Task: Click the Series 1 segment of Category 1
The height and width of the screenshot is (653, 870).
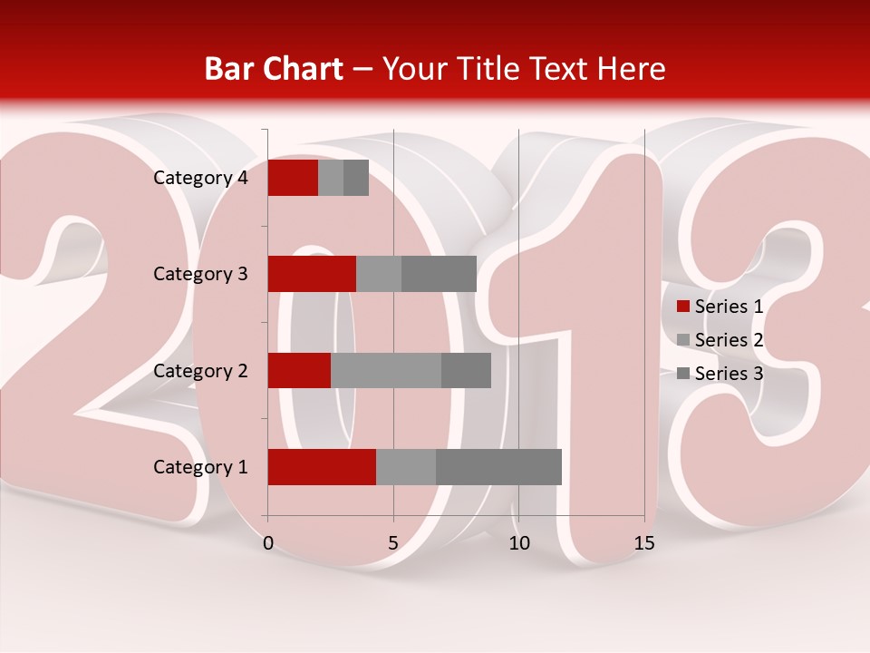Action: click(322, 467)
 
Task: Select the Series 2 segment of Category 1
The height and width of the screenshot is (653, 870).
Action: click(406, 467)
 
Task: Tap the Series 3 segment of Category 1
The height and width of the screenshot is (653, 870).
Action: click(498, 467)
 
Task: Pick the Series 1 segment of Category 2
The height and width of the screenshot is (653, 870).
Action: click(299, 370)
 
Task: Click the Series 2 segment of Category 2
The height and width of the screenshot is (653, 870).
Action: click(386, 370)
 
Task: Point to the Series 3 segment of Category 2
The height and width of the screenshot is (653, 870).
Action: click(466, 370)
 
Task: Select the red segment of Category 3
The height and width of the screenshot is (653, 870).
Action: click(312, 274)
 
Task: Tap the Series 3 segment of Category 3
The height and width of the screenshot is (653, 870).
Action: click(439, 274)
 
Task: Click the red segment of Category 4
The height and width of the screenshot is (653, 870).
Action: click(293, 178)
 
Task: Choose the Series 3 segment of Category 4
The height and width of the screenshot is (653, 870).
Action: click(356, 178)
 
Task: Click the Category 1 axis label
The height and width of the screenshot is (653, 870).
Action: click(200, 467)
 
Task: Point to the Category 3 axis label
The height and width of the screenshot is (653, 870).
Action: click(200, 274)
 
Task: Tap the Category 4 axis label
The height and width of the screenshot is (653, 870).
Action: click(200, 178)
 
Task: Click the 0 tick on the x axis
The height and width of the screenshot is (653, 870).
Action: click(268, 543)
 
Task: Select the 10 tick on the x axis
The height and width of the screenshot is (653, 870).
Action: click(518, 543)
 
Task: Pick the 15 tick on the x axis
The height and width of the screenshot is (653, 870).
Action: click(644, 543)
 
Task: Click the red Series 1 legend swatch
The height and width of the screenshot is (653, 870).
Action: click(683, 307)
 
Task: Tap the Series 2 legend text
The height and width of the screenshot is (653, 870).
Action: click(729, 340)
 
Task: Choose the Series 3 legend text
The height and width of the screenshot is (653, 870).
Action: click(729, 374)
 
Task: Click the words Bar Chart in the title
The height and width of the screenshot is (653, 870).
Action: click(274, 69)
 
